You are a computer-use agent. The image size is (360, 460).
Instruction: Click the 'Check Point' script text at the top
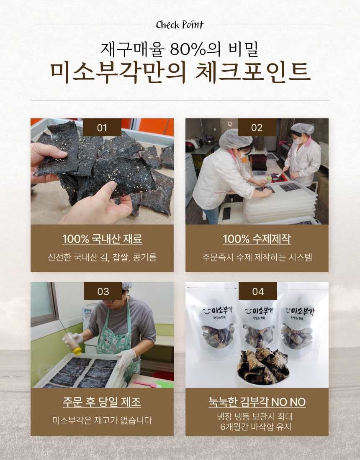pos(180,25)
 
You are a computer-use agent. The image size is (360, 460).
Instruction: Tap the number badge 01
pos(102,128)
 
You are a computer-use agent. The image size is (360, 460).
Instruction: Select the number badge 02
pos(257,128)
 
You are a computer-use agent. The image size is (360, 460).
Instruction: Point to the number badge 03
pos(103,291)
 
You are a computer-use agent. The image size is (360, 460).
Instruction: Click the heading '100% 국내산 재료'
pos(102,239)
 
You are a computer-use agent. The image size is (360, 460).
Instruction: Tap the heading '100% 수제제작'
pos(257,239)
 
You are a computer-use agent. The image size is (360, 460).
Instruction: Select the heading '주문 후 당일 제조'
pos(102,402)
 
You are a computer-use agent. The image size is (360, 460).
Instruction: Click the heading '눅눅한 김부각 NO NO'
pos(257,402)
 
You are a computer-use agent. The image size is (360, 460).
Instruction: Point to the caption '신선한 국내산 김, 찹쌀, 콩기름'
pos(102,257)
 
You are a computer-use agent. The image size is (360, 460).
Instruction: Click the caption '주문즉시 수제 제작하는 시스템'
pos(257,257)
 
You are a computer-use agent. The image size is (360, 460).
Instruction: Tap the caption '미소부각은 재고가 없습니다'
pos(102,420)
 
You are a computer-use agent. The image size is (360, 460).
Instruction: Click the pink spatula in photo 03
pos(145,383)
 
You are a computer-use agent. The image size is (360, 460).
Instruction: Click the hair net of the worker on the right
pos(302,128)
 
